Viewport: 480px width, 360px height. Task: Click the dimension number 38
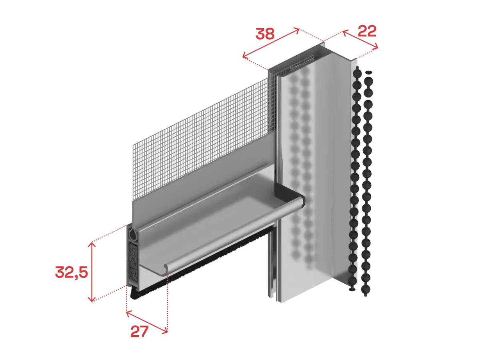coord(265,34)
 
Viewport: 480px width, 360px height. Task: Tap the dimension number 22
coord(367,31)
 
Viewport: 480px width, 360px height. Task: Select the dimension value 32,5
coord(71,272)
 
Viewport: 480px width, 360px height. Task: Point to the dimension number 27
coord(139,331)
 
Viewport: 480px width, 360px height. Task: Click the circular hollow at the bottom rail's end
coord(132,235)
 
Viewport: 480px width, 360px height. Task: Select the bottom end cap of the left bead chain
coord(352,289)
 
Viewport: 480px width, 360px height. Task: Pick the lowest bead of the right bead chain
coord(366,289)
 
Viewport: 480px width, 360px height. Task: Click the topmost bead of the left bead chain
coord(357,72)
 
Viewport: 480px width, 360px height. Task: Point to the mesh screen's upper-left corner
coord(133,145)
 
